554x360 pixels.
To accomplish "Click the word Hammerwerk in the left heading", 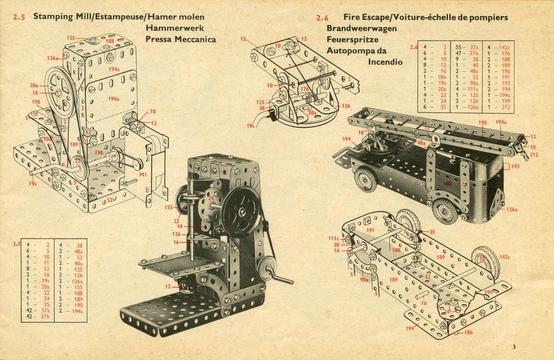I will point(175,28).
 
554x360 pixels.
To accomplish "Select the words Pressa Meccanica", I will point(180,39).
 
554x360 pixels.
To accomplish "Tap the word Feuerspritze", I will point(352,40).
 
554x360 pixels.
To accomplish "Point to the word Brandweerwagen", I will point(362,28).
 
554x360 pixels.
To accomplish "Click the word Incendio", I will point(385,61).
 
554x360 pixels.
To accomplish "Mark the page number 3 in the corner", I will point(514,347).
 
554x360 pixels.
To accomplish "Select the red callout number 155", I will point(169,207).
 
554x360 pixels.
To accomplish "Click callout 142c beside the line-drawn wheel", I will point(504,257).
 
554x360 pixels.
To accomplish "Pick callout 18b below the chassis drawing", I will point(468,332).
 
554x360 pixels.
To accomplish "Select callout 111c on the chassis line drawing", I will point(334,238).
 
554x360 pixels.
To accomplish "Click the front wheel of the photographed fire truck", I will point(366,180).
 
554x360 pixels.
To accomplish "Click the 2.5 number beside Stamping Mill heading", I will point(18,17).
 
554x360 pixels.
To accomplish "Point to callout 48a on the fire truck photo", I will point(421,143).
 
